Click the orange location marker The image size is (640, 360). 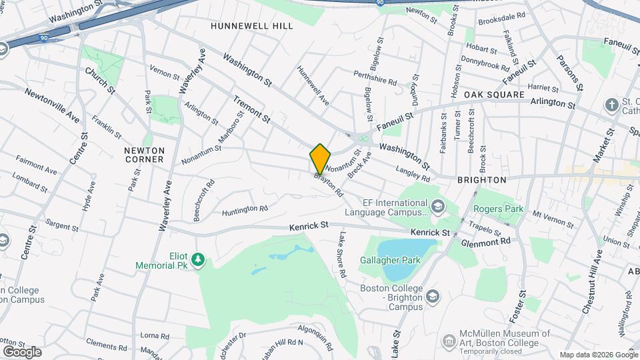coord(320,159)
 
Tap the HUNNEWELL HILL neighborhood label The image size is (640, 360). coord(251,26)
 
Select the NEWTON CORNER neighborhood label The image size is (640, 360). coord(144,155)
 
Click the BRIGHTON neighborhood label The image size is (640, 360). coord(482,180)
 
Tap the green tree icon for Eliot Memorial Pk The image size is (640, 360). coord(197,259)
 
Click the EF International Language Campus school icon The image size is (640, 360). coord(437,205)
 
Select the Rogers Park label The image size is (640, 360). coord(499,208)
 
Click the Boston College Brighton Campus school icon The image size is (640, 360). coord(433,295)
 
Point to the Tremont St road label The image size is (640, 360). coord(251,109)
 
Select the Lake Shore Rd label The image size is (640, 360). coord(342,255)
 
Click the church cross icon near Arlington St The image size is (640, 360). coord(611,105)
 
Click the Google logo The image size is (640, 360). coord(21,351)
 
